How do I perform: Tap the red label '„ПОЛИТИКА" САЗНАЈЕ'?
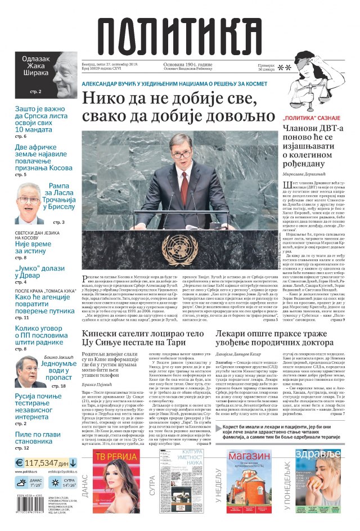tap(311, 119)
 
